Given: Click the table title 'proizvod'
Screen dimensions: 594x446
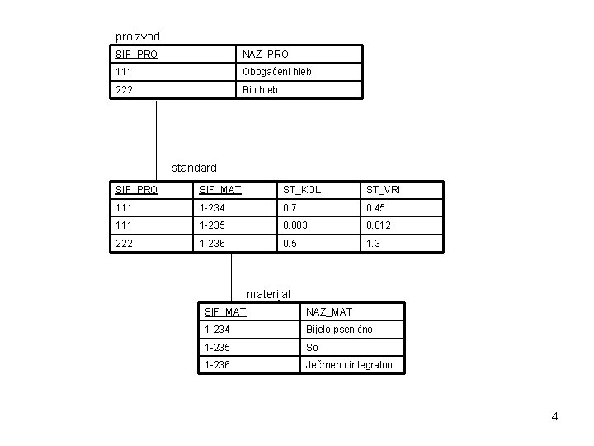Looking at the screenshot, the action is pyautogui.click(x=138, y=36).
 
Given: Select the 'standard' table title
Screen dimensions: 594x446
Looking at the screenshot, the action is pyautogui.click(x=194, y=168).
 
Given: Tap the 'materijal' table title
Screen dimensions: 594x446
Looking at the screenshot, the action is pyautogui.click(x=269, y=293).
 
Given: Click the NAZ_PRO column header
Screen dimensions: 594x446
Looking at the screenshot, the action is pyautogui.click(x=265, y=55).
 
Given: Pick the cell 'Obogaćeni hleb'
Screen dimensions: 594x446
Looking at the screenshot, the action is pyautogui.click(x=276, y=72).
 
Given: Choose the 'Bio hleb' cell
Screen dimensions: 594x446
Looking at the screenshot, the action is pyautogui.click(x=260, y=90).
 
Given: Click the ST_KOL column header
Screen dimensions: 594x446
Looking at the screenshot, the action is pyautogui.click(x=299, y=191).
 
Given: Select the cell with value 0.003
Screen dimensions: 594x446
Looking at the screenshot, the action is pyautogui.click(x=298, y=225).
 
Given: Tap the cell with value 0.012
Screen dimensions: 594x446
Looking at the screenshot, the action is pyautogui.click(x=379, y=225).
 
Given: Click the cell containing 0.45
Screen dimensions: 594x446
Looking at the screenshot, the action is pyautogui.click(x=377, y=208).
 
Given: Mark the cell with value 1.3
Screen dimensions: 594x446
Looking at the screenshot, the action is pyautogui.click(x=373, y=244).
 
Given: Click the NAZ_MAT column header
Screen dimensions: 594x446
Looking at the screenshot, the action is pyautogui.click(x=329, y=311).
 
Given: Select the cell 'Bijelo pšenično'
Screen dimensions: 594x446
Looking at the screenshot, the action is pyautogui.click(x=339, y=330).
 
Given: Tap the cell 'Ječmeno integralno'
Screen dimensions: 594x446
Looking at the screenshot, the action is pyautogui.click(x=349, y=364).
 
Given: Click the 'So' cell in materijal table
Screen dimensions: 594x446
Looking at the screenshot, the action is pyautogui.click(x=313, y=347).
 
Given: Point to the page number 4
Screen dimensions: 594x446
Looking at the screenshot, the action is pyautogui.click(x=554, y=416).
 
